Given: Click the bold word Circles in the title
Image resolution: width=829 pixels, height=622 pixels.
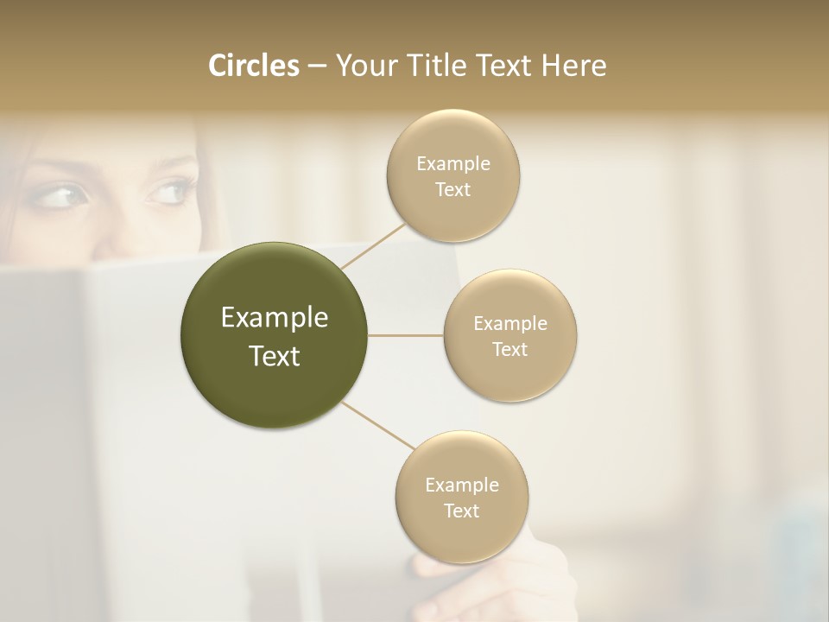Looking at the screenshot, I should coord(253,66).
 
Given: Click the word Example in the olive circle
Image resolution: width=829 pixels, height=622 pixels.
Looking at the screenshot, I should coord(275,318).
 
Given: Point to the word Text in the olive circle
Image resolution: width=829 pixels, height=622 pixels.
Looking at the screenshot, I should coord(275,356).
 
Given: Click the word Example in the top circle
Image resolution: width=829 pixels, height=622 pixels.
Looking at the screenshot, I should coord(452,164).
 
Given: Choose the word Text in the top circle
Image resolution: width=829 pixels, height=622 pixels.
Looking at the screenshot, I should coord(452,190).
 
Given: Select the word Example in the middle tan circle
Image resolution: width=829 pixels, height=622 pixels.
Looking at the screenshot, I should coord(509,324).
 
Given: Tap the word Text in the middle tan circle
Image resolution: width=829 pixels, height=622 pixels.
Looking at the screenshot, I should coord(509,350).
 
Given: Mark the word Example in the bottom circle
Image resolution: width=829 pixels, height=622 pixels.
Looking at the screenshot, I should coord(461,486).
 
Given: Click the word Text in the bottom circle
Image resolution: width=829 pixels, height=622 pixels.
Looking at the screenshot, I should coord(461,511).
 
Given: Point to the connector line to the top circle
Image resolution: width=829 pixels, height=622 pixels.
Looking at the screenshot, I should coord(373,246).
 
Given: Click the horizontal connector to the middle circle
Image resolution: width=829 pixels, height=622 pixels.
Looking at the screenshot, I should coord(406,335).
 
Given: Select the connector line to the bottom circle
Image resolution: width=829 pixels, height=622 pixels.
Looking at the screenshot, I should coord(377,425).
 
